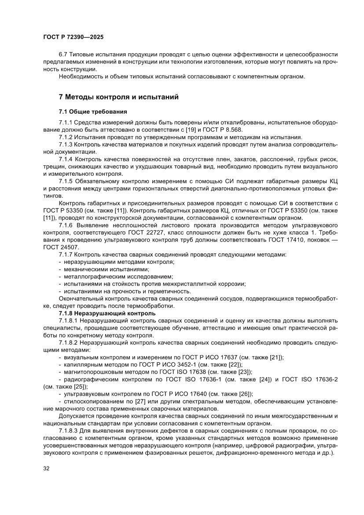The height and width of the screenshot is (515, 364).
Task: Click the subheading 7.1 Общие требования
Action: [93, 111]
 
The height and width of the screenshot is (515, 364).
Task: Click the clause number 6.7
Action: [64, 54]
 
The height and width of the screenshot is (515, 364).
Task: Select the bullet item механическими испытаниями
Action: [106, 269]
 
